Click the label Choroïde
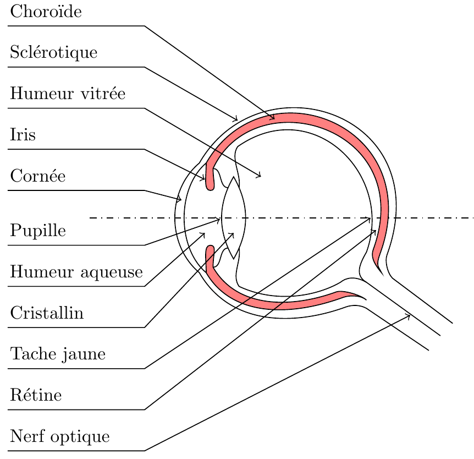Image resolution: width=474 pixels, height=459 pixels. coord(46,12)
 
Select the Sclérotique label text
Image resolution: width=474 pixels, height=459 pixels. coord(53,53)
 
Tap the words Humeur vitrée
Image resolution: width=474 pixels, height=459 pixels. coord(68,94)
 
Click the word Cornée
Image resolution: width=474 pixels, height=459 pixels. coord(37,176)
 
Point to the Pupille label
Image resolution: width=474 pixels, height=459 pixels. coord(38,231)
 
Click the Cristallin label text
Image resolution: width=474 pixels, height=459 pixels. coord(47,313)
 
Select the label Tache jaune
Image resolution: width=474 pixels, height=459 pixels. coord(58,354)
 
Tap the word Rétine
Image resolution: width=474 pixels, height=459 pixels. coord(36,395)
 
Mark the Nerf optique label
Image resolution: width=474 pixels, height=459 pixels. coord(60,436)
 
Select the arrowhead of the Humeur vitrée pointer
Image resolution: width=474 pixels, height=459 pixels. coord(260,177)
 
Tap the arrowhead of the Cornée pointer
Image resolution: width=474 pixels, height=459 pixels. coord(181,199)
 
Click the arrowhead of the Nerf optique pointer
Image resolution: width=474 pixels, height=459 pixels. coord(410,314)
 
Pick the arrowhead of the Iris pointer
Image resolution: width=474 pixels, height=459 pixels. coord(205,179)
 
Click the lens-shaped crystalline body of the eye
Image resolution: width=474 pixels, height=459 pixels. coord(234,218)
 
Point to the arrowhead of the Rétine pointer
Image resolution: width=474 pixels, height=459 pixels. coord(376,230)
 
